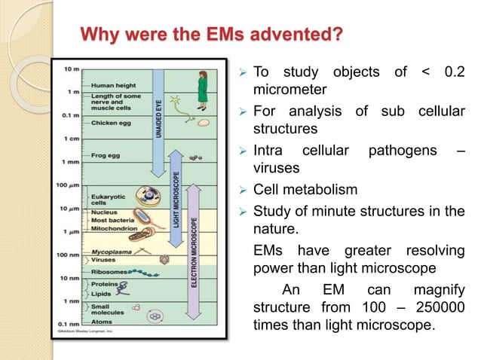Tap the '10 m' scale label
click(69, 69)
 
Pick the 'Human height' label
click(111, 84)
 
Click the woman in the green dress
click(203, 84)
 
